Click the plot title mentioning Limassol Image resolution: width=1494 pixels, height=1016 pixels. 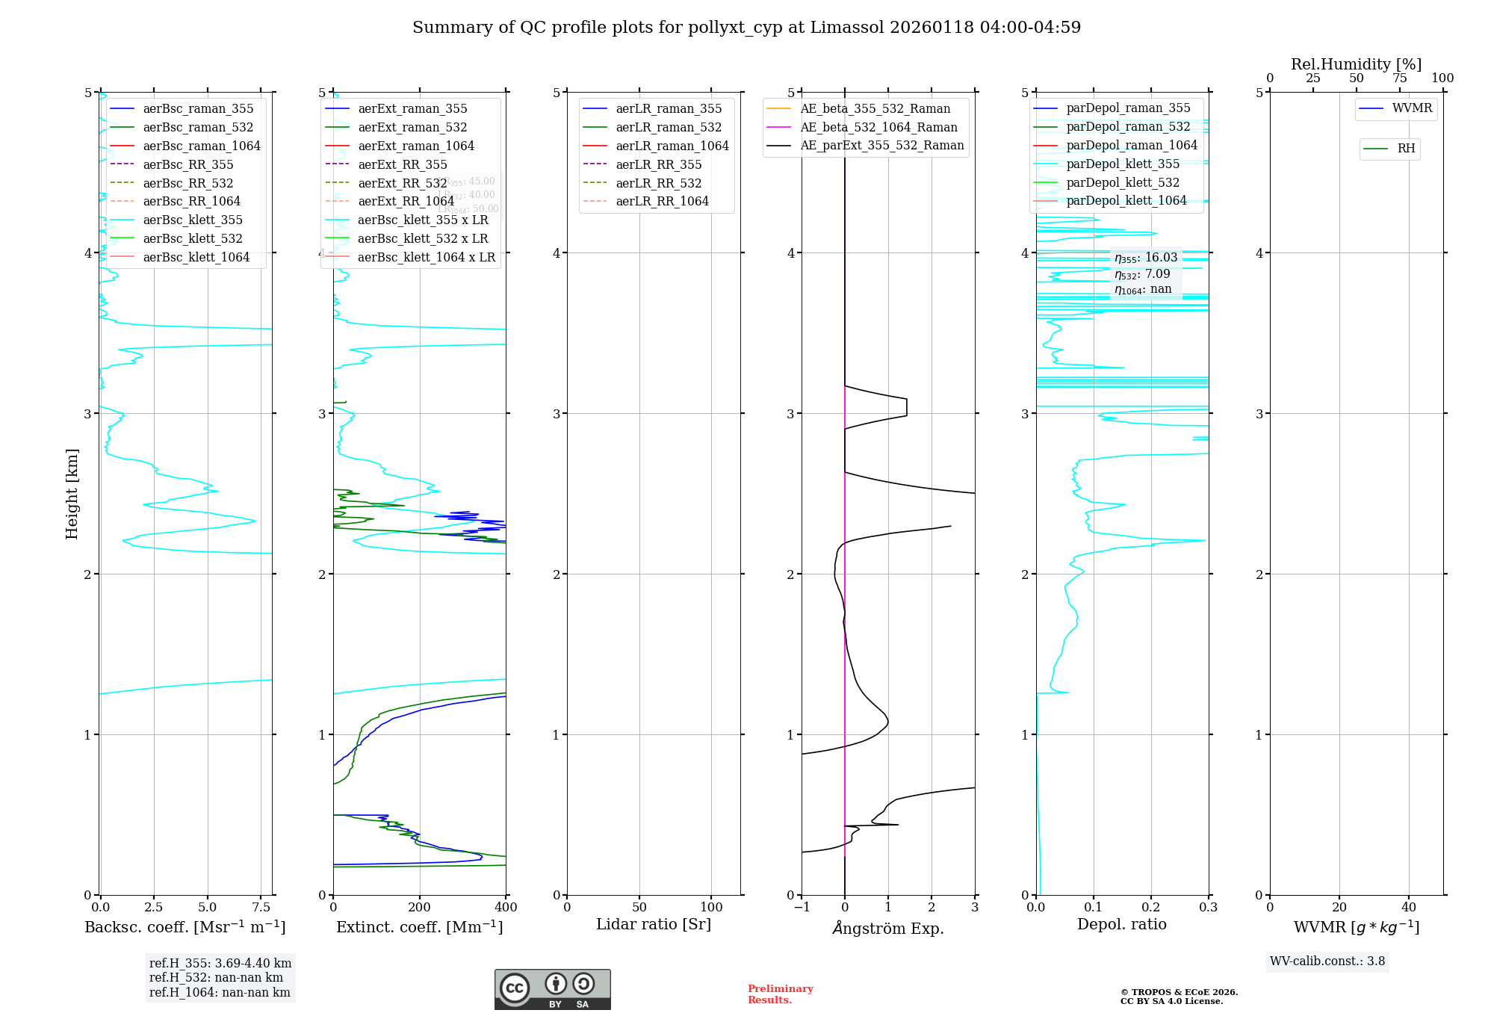[x=746, y=28]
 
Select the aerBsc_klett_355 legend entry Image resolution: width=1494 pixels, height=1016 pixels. [x=193, y=220]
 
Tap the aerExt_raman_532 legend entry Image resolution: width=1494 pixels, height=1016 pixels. [x=412, y=127]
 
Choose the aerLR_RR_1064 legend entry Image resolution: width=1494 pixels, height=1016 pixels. [x=662, y=201]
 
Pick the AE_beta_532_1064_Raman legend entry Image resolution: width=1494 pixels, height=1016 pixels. [x=878, y=127]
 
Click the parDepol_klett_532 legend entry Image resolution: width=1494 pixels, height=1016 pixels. [x=1123, y=182]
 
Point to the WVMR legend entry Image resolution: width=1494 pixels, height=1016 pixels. [x=1412, y=108]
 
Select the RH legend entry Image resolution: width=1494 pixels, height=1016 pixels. [x=1406, y=149]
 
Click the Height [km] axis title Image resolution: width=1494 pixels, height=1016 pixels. [x=72, y=494]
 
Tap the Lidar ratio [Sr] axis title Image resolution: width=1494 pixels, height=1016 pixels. [x=654, y=925]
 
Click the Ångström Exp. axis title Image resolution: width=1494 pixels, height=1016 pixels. [x=888, y=928]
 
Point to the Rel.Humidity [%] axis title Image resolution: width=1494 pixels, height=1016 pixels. [x=1356, y=64]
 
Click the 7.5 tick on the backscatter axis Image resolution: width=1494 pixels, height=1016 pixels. [x=261, y=908]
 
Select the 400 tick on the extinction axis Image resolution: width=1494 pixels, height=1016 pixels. [x=506, y=908]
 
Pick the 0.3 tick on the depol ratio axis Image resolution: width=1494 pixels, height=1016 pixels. [x=1208, y=908]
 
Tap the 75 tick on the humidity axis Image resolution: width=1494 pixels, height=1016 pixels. [x=1399, y=78]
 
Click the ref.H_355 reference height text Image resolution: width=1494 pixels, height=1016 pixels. [x=220, y=963]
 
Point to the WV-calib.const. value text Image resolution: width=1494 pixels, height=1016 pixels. [x=1327, y=961]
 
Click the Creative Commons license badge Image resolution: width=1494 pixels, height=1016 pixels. [x=552, y=989]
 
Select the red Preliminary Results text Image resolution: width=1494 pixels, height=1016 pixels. [x=780, y=994]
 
